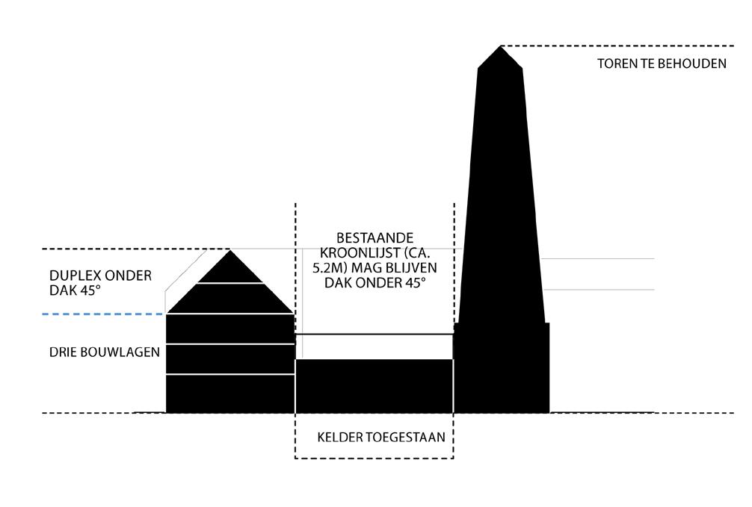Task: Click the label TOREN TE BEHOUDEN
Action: point(662,63)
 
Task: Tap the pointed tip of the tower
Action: point(500,48)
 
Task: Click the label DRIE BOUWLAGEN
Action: point(104,351)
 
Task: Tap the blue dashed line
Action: point(104,314)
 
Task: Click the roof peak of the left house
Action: point(229,252)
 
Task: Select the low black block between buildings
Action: point(375,385)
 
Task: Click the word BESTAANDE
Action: point(375,237)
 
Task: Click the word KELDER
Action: point(339,437)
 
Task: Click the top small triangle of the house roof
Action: point(230,269)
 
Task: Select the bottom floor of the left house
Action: point(230,393)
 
